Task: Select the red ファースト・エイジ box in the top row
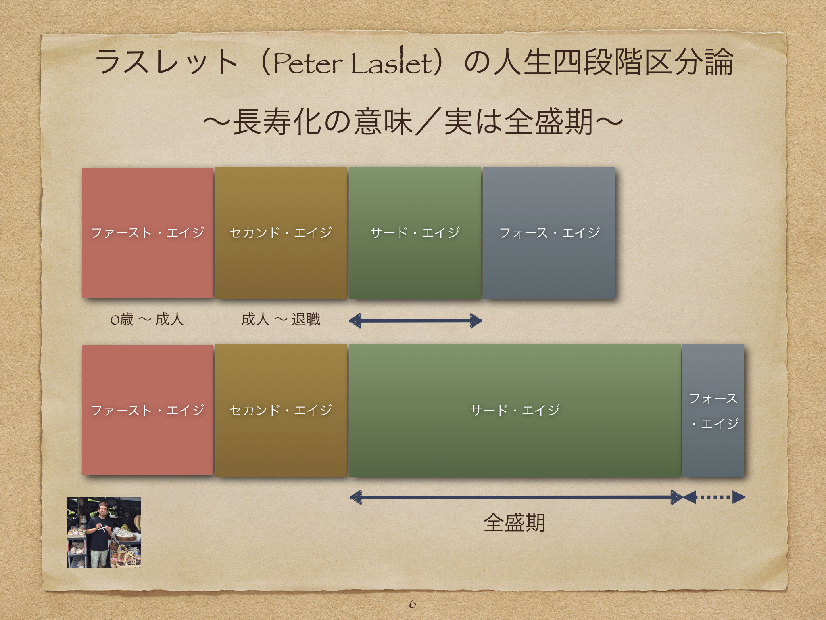147,232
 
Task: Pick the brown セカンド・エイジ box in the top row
281,233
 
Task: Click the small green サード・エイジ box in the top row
415,233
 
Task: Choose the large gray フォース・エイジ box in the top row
549,233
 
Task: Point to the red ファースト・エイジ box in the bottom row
147,410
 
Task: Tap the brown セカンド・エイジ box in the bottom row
281,411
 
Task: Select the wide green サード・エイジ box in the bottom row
515,411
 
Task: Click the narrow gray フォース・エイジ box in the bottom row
713,411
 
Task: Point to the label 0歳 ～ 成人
147,320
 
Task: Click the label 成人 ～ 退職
281,320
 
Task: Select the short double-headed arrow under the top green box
415,321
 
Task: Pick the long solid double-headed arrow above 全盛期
516,497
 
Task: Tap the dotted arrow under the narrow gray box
714,497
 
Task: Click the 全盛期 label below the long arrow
514,523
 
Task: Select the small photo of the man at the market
104,533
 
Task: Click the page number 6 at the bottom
412,603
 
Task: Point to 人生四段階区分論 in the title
613,63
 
